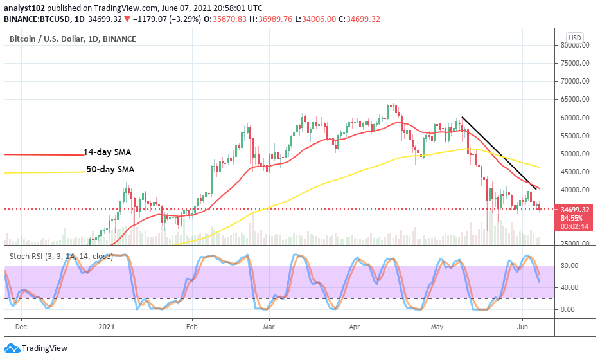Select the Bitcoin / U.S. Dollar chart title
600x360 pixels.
pyautogui.click(x=73, y=39)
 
